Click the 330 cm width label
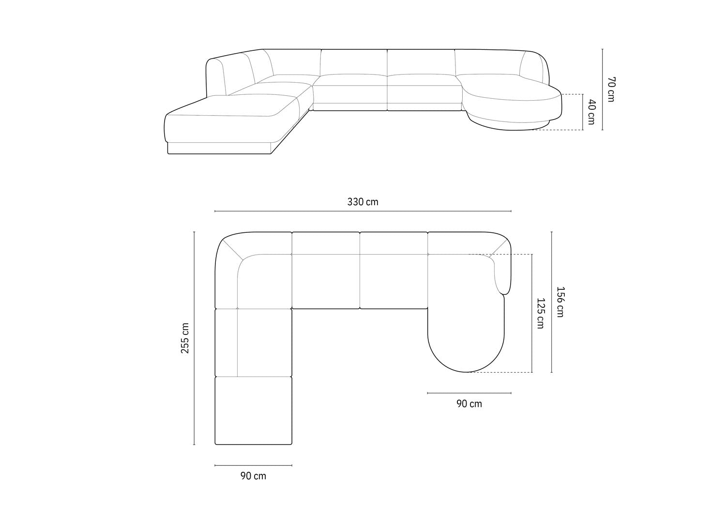tap(363, 202)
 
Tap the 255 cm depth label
tap(185, 338)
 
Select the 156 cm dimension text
tap(560, 302)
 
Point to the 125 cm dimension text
tap(540, 313)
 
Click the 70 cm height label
tap(611, 89)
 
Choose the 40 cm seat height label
tap(591, 112)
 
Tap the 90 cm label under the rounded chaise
tap(469, 404)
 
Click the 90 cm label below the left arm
tap(253, 476)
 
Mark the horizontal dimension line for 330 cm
tap(363, 211)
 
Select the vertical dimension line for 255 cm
tap(194, 338)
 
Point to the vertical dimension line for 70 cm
tap(603, 89)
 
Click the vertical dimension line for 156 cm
tap(552, 302)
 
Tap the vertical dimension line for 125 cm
tap(532, 313)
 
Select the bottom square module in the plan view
tap(254, 410)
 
